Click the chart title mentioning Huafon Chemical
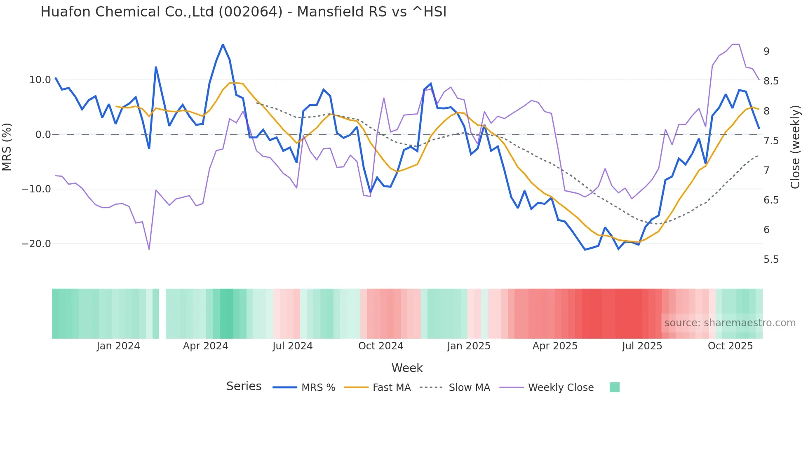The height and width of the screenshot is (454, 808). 243,12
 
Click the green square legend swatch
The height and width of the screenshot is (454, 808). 614,387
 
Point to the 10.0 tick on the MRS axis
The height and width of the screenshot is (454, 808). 40,80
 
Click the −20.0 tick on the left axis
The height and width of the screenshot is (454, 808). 36,244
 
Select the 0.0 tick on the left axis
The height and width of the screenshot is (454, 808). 43,135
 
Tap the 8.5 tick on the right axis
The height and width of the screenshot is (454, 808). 771,81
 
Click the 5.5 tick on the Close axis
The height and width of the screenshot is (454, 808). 771,260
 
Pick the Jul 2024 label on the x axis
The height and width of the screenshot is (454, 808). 292,346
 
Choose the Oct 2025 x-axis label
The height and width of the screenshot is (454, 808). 730,346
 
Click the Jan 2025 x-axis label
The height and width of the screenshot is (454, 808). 469,346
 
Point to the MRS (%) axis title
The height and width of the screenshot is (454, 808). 7,147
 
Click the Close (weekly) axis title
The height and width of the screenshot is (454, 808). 795,147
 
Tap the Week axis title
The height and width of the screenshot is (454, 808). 407,368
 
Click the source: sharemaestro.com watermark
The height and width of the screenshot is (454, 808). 730,323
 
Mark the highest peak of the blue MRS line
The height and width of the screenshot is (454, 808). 223,44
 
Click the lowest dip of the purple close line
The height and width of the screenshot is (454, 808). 149,249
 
